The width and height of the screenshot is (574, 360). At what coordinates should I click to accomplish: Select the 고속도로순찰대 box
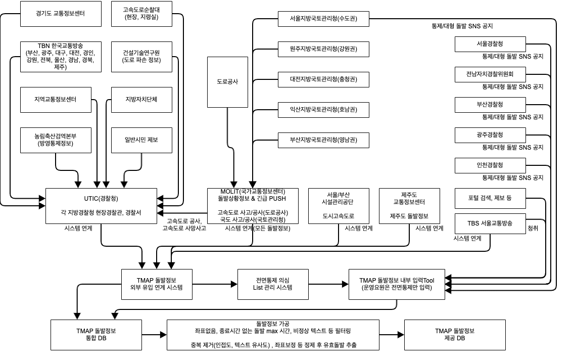click(141, 14)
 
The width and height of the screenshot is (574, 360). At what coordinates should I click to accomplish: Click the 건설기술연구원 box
click(141, 57)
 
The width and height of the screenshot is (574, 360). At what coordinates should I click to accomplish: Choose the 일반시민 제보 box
click(141, 140)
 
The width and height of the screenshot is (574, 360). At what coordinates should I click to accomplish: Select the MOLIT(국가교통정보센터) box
click(253, 206)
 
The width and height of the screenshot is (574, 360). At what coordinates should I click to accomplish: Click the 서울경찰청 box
click(490, 44)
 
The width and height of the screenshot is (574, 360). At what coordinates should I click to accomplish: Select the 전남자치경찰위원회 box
click(490, 74)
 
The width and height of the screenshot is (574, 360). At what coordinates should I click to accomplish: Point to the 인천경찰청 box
click(490, 165)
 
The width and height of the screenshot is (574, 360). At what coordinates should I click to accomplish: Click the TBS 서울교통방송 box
click(490, 223)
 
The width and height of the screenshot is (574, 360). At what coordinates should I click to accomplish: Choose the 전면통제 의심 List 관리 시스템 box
click(273, 284)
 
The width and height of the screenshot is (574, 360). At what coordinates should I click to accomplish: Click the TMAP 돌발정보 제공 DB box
click(455, 335)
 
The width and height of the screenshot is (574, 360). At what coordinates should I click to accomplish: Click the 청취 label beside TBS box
click(533, 229)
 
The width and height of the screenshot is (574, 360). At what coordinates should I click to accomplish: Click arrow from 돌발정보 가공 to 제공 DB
click(392, 335)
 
